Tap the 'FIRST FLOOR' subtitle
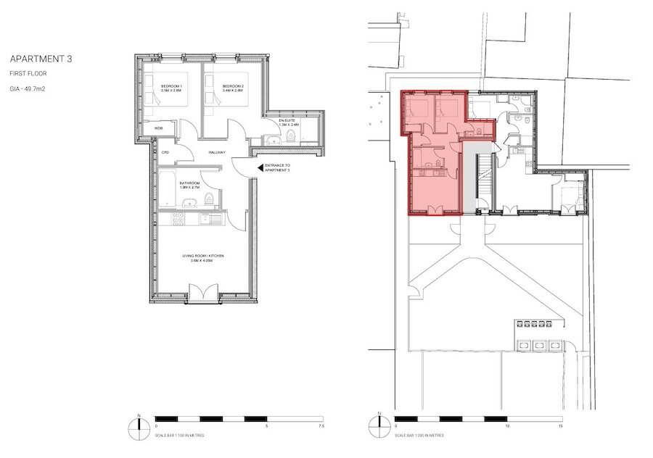(x=25, y=74)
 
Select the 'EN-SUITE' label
(x=288, y=121)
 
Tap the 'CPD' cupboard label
(x=165, y=153)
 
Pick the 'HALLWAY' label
(x=217, y=153)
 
